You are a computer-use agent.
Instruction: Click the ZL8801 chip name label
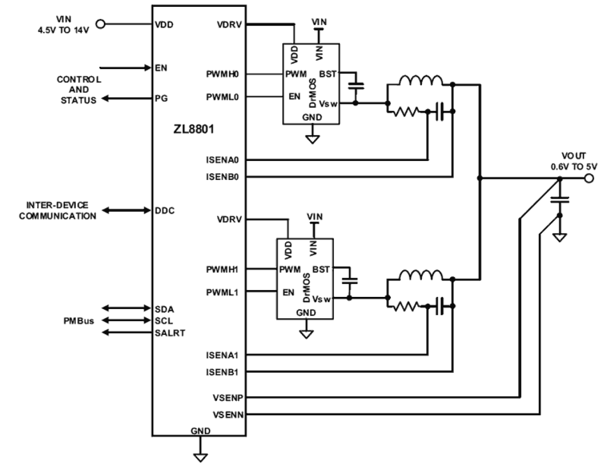click(x=193, y=130)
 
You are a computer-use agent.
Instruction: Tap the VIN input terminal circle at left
click(x=101, y=24)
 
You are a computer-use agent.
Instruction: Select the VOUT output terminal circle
click(x=588, y=178)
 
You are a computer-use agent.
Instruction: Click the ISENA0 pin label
click(x=222, y=160)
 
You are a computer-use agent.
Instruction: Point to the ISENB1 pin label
click(x=222, y=372)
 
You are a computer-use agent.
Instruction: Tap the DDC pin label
click(x=165, y=211)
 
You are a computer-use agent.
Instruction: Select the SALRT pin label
click(x=170, y=333)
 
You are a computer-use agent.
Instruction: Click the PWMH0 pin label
click(x=222, y=74)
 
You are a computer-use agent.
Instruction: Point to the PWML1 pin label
click(x=222, y=292)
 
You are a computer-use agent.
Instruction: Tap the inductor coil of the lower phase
click(x=420, y=276)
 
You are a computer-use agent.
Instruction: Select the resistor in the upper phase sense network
click(x=406, y=112)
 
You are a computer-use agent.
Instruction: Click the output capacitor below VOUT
click(x=560, y=199)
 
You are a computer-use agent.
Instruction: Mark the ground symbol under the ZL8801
click(x=200, y=456)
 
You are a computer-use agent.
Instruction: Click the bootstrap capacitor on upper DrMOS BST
click(x=356, y=86)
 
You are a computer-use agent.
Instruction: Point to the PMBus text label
click(x=79, y=321)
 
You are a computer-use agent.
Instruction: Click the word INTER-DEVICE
click(x=57, y=206)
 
